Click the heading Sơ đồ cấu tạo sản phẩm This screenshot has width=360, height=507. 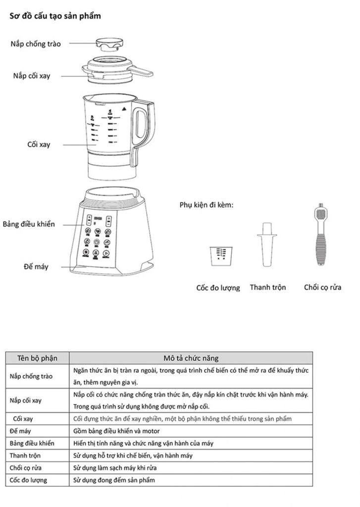pos(55,16)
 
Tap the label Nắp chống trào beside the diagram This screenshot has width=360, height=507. pos(36,44)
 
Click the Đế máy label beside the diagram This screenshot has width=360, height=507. pos(36,267)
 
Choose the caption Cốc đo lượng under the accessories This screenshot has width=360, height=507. pos(218,288)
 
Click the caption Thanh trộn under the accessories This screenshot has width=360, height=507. pos(267,287)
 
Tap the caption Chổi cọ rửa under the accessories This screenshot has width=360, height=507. pos(322,287)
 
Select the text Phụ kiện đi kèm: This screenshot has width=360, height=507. pos(206,204)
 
